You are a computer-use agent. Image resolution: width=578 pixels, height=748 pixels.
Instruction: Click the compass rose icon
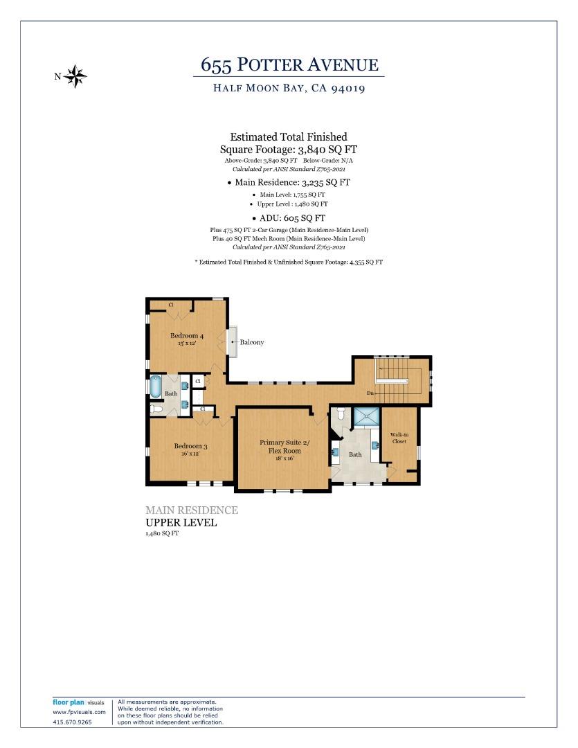75,76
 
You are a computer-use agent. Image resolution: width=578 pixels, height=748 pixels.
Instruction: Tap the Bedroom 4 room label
187,336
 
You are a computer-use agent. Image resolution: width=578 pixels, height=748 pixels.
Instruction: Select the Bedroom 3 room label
190,446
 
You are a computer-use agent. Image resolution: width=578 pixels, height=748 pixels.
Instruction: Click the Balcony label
252,342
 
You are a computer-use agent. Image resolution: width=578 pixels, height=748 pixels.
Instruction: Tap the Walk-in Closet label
399,438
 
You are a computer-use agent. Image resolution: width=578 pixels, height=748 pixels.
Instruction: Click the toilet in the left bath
156,409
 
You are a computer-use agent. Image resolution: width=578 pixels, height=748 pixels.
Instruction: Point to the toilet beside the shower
340,416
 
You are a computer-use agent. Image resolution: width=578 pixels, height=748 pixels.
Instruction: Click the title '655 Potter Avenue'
289,65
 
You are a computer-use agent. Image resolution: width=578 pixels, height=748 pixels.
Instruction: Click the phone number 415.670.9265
72,722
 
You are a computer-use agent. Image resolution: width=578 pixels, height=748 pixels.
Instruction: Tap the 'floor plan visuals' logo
78,702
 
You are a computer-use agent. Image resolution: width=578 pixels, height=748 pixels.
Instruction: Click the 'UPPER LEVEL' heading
181,522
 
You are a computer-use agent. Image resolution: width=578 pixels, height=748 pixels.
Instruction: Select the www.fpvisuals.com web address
79,712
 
